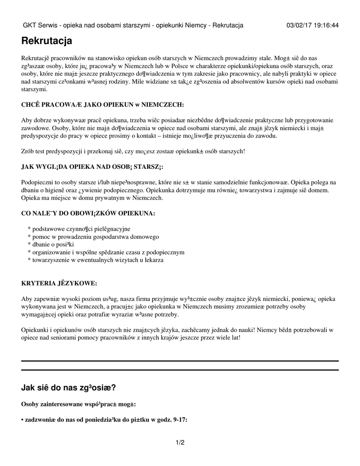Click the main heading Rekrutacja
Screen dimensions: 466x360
[x=46, y=41]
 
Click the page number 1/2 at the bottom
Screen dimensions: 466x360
[x=180, y=442]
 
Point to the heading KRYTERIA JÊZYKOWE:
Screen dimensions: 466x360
[x=59, y=284]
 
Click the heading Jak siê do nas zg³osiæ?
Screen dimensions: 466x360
[x=68, y=388]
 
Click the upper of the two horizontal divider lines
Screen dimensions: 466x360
[x=180, y=361]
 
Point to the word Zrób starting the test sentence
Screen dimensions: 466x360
[x=28, y=151]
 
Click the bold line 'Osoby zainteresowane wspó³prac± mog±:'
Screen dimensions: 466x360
[x=78, y=404]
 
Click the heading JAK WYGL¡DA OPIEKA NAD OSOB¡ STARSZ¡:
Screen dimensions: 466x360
[x=92, y=167]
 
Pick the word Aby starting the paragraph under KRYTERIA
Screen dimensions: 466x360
[x=27, y=299]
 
